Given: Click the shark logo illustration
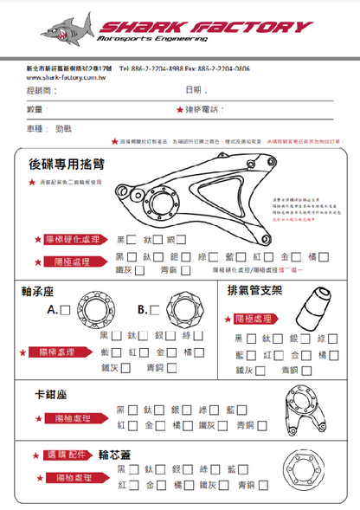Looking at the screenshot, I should pyautogui.click(x=67, y=32).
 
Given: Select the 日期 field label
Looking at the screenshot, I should pyautogui.click(x=196, y=91).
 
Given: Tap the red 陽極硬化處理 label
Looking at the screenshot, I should pyautogui.click(x=77, y=239).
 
